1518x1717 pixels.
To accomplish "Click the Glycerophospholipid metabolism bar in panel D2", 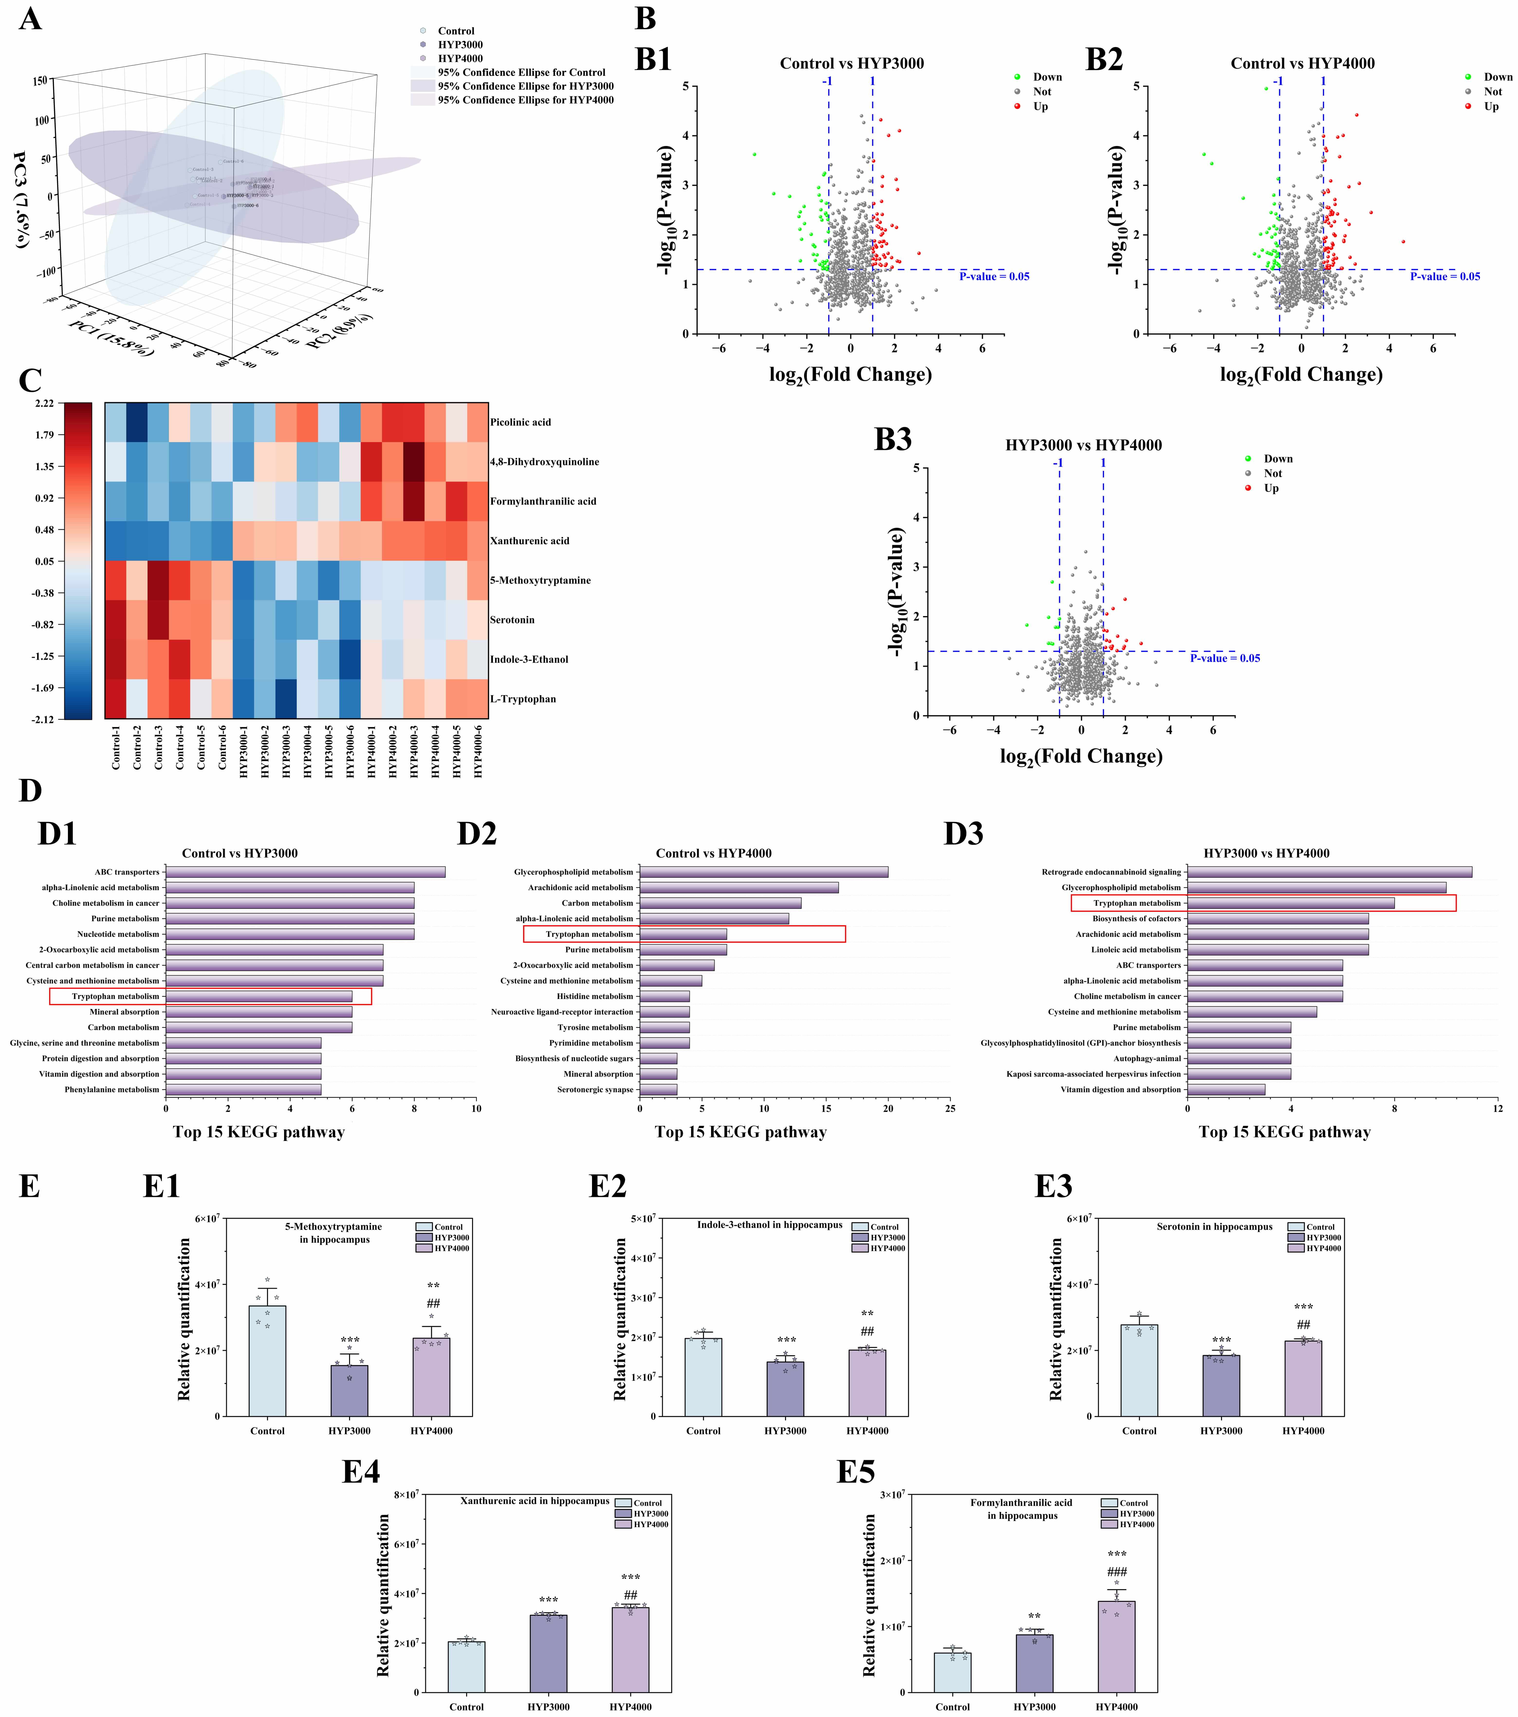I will coord(764,872).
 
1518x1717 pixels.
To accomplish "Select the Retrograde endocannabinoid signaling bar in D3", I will coord(1329,872).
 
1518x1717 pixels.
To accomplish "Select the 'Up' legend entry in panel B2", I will coord(1491,107).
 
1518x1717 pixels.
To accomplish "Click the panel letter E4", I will coord(361,1472).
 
